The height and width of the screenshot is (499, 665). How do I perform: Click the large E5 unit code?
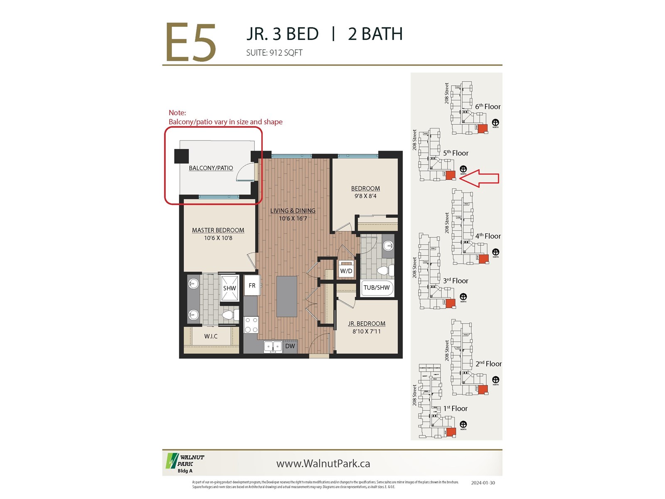tap(191, 42)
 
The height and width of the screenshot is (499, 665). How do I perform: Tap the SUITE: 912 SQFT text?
tap(274, 53)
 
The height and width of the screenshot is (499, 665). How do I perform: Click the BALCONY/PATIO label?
tap(211, 168)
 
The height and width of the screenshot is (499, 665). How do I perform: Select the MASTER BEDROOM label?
tap(218, 230)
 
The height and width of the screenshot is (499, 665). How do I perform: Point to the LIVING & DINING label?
tap(293, 211)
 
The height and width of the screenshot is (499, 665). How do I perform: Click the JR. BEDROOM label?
tap(366, 324)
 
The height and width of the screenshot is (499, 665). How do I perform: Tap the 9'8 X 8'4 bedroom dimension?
tap(365, 196)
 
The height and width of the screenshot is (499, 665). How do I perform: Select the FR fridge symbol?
tap(252, 285)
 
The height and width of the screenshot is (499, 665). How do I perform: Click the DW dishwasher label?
tap(290, 346)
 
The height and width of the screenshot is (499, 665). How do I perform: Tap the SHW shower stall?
tap(229, 288)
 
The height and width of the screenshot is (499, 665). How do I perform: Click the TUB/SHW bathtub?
tap(377, 287)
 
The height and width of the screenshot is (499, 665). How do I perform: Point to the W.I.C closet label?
tap(211, 336)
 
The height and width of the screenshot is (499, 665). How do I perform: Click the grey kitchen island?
tap(286, 296)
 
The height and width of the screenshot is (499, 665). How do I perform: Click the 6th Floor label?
tap(488, 106)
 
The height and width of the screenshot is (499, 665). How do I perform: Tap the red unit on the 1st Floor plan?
tap(451, 432)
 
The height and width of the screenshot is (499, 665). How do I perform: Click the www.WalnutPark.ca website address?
tap(323, 464)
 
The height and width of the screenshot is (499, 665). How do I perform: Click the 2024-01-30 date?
tap(483, 483)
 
